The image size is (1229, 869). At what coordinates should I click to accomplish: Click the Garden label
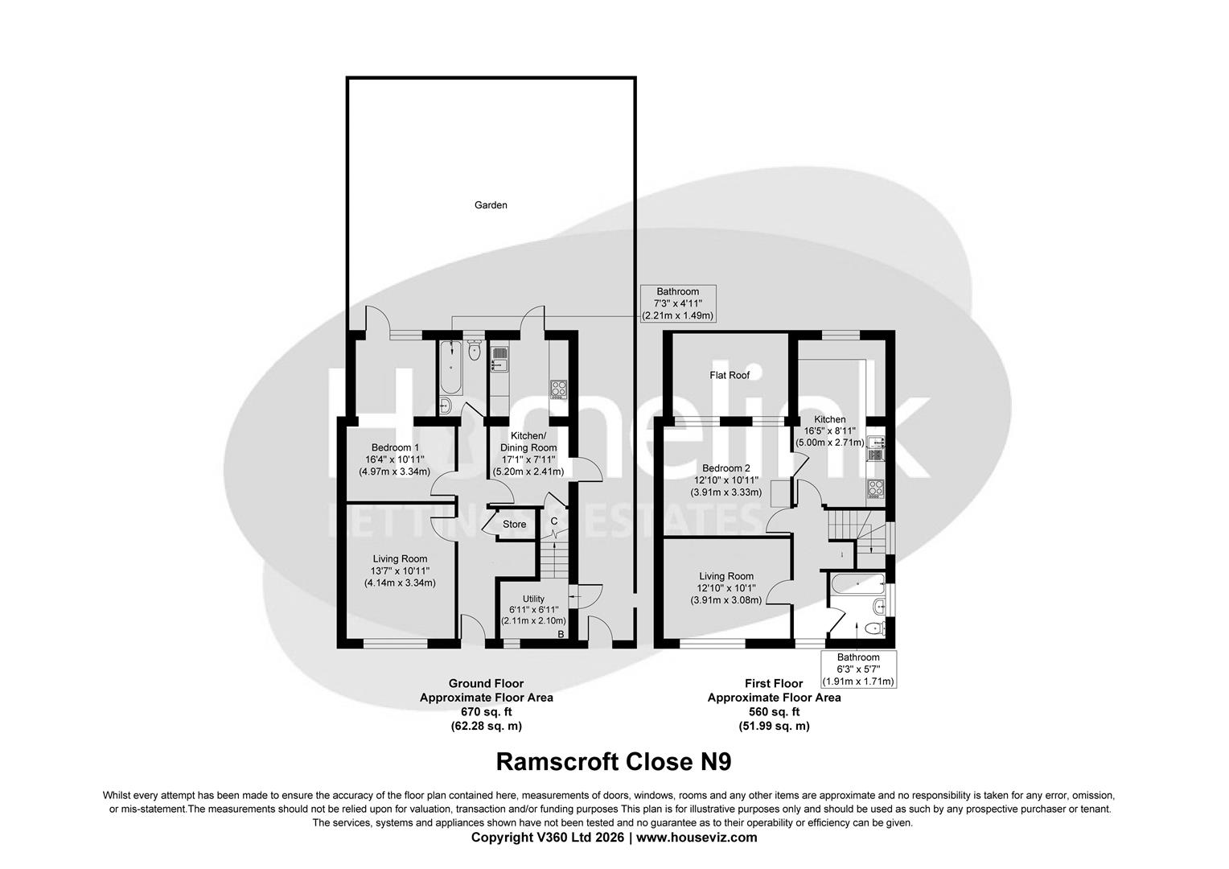[x=491, y=205]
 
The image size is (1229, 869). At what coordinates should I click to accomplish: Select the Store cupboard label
[x=514, y=525]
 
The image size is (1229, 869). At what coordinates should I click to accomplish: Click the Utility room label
[x=533, y=599]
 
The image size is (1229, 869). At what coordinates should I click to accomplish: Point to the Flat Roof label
[x=729, y=375]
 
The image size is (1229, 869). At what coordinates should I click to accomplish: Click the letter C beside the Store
[x=553, y=521]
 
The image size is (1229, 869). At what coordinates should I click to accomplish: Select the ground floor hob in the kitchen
[x=559, y=389]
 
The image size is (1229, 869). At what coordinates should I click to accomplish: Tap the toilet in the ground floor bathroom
[x=473, y=350]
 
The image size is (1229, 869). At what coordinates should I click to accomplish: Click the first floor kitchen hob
[x=876, y=488]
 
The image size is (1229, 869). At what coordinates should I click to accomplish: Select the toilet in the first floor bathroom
[x=874, y=628]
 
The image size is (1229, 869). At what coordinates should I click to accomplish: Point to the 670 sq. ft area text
[x=486, y=712]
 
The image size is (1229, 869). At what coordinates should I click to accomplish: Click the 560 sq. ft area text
[x=774, y=712]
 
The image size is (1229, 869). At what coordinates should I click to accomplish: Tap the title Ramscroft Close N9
[x=614, y=761]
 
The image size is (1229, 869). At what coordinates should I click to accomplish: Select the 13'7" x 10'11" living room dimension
[x=400, y=570]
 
